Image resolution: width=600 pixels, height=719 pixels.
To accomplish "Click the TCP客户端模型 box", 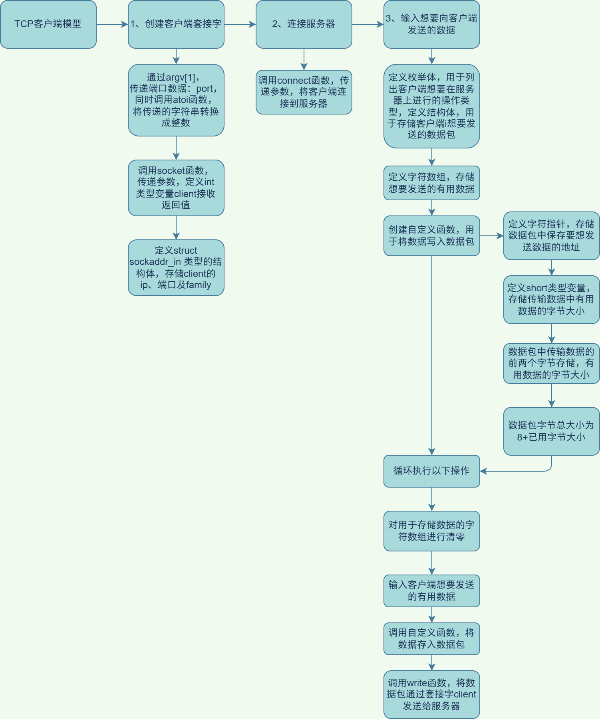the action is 48,24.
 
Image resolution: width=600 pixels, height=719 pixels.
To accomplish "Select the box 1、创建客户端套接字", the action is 176,24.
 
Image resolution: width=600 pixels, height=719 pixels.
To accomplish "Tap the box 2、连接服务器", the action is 304,24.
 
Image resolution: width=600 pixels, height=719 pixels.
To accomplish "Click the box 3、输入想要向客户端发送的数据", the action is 431,24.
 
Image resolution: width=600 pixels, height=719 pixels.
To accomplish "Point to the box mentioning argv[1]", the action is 176,100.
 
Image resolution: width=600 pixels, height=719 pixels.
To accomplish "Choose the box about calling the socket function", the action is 176,188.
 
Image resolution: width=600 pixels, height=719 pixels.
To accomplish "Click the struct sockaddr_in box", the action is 176,267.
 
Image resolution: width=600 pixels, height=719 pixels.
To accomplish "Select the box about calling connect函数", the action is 304,92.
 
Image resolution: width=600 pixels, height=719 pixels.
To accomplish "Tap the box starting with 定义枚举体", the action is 431,106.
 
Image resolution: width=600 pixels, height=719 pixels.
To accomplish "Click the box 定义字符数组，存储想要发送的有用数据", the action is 431,183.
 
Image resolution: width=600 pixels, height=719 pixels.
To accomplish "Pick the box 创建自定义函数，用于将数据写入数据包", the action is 431,235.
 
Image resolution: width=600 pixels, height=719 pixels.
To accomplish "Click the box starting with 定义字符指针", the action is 551,235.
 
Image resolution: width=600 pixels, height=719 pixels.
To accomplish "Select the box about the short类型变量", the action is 551,299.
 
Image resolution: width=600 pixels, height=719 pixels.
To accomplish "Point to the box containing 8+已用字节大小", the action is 551,431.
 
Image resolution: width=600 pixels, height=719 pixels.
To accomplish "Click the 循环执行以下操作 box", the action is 431,471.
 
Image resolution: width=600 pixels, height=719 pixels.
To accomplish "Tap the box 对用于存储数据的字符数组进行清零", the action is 431,531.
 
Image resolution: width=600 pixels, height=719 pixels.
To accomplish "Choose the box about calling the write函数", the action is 431,694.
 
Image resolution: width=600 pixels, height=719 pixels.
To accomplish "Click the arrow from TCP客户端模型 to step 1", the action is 112,24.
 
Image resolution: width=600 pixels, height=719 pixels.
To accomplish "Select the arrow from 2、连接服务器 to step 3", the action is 368,24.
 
